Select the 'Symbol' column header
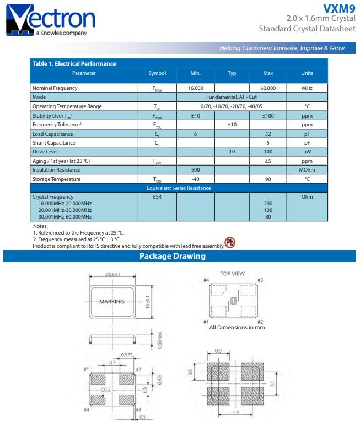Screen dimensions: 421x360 click(x=157, y=73)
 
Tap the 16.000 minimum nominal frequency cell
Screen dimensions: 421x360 click(x=195, y=88)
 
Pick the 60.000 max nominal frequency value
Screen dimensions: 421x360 click(x=268, y=88)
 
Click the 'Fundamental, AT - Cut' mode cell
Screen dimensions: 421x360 click(x=232, y=97)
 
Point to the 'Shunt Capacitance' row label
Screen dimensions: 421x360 click(x=53, y=142)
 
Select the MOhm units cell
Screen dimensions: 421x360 click(x=307, y=170)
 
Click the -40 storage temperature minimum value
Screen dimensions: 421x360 click(x=195, y=179)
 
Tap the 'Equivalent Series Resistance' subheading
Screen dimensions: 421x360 click(x=179, y=188)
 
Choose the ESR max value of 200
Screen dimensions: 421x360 click(x=268, y=204)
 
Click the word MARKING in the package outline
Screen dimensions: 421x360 click(x=112, y=302)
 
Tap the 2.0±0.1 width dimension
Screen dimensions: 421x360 click(x=114, y=274)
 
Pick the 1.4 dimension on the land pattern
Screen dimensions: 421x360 click(x=236, y=412)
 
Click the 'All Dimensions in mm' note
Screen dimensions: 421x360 click(x=237, y=327)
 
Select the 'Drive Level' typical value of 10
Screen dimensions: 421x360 click(x=232, y=151)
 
